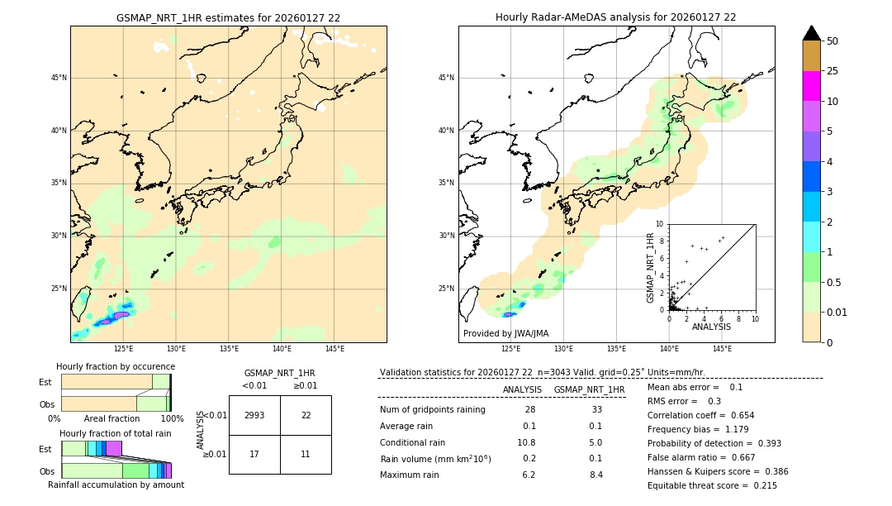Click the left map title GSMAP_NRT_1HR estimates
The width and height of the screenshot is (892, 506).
tap(228, 17)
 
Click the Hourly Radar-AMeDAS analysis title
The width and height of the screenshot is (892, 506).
tap(615, 17)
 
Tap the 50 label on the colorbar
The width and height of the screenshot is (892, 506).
tap(833, 41)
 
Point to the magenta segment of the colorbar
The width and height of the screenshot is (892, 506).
tap(811, 86)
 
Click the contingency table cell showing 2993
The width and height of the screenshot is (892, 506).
tap(254, 415)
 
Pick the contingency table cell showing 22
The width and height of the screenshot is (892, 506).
tap(306, 415)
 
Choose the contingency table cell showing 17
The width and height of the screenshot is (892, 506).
tap(254, 454)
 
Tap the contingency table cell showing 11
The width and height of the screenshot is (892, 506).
tap(306, 454)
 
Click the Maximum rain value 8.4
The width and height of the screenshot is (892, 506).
tap(596, 475)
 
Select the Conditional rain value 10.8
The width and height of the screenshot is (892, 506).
tap(526, 442)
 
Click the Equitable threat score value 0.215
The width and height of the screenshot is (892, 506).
tap(761, 485)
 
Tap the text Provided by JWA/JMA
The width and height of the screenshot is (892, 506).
tap(505, 333)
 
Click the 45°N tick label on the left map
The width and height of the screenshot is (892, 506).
tap(59, 78)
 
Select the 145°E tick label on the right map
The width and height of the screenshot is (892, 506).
tap(722, 349)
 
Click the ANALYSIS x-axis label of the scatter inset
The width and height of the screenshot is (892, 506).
tap(711, 327)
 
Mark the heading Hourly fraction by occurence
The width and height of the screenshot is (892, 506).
tap(116, 366)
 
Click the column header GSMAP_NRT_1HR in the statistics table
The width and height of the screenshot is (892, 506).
tap(589, 389)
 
